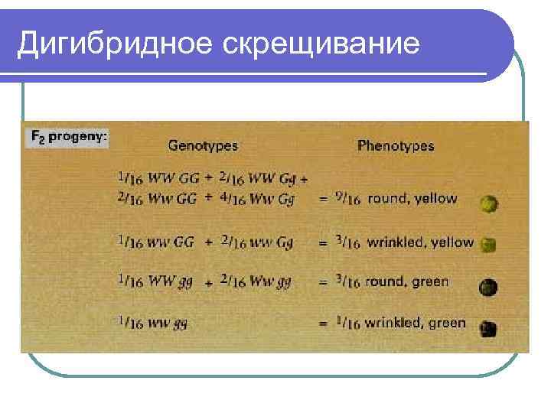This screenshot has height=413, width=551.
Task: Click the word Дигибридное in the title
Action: pyautogui.click(x=116, y=44)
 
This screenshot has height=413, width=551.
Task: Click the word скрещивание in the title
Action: pyautogui.click(x=321, y=44)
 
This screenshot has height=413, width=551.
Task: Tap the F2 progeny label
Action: pyautogui.click(x=69, y=138)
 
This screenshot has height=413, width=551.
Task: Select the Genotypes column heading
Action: pyautogui.click(x=203, y=145)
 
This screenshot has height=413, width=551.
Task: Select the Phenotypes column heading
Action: pyautogui.click(x=396, y=145)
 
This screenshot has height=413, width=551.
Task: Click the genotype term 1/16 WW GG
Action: pyautogui.click(x=158, y=179)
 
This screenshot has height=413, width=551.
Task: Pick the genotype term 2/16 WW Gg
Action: pyautogui.click(x=256, y=179)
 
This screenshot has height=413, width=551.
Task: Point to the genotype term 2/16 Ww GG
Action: pyautogui.click(x=158, y=199)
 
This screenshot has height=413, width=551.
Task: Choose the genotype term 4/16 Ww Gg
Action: pyautogui.click(x=256, y=199)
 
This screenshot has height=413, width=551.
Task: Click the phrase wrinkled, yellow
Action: pyautogui.click(x=420, y=242)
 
